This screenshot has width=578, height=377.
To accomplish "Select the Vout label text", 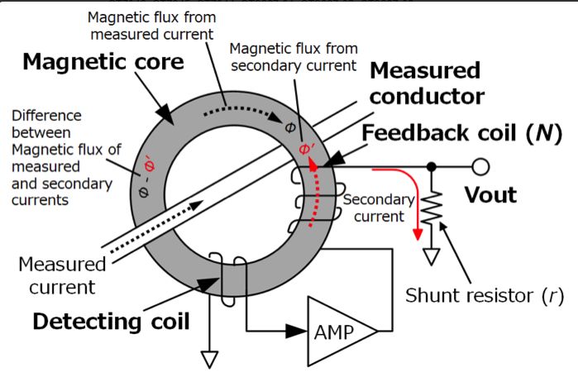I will [489, 195].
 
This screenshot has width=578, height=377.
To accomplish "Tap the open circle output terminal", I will [479, 167].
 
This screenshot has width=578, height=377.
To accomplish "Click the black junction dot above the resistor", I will [431, 167].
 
